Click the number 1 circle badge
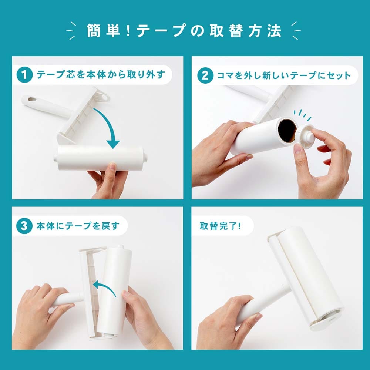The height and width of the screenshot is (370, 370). click(x=24, y=75)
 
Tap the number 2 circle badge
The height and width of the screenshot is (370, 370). click(x=205, y=75)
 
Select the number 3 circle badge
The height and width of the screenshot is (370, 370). click(x=24, y=226)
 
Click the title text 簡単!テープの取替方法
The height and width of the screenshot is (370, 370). click(x=184, y=31)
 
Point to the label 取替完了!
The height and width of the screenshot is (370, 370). click(x=221, y=226)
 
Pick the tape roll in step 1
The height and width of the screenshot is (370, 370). click(x=101, y=157)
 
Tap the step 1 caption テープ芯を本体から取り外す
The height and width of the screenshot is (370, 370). click(x=101, y=75)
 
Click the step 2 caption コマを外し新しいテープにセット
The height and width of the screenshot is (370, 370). click(x=284, y=75)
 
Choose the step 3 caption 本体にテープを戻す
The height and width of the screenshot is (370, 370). click(x=78, y=226)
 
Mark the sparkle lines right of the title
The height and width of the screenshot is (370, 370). click(x=296, y=31)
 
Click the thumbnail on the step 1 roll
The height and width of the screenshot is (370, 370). click(x=112, y=167)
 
